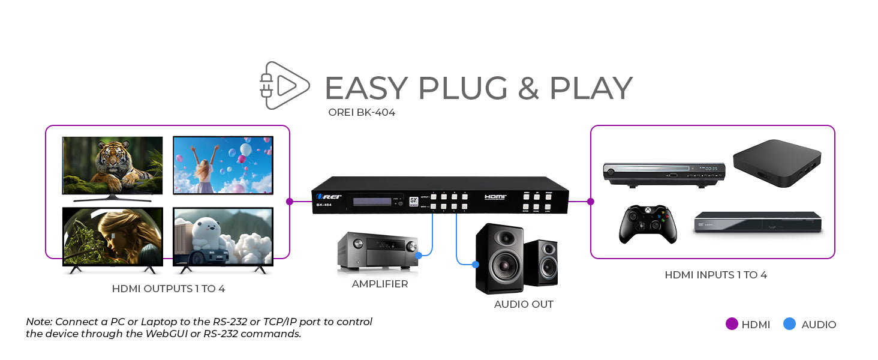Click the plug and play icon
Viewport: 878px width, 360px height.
[x=284, y=85]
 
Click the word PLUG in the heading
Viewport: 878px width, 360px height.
[x=462, y=88]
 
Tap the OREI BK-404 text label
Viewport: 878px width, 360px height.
[x=362, y=112]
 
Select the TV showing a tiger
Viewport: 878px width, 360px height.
[x=112, y=167]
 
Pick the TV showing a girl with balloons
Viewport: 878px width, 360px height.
[x=222, y=164]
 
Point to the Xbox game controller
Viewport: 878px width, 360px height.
[x=648, y=224]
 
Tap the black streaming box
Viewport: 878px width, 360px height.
[x=777, y=163]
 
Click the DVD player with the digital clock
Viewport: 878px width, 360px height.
[x=664, y=172]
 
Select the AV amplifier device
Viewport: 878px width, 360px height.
[x=377, y=249]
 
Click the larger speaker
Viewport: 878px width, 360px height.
[x=499, y=258]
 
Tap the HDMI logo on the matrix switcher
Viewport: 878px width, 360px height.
[x=495, y=196]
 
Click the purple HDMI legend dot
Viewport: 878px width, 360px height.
[x=732, y=324]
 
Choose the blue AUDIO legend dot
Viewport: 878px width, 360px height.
[x=790, y=324]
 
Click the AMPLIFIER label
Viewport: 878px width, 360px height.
[x=380, y=284]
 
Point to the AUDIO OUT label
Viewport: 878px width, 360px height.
[x=524, y=304]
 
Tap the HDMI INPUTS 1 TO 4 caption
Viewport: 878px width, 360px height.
[x=715, y=275]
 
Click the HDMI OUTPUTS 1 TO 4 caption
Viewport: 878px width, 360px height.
[x=169, y=289]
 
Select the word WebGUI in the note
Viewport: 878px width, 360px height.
[x=169, y=334]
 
